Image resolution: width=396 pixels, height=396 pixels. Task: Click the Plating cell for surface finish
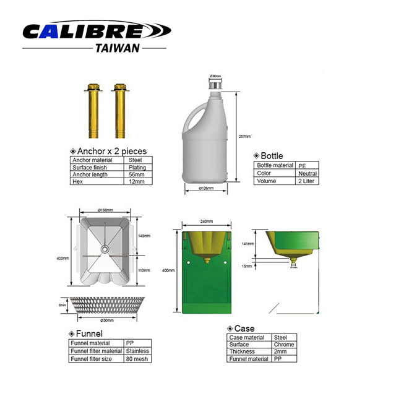tap(137, 167)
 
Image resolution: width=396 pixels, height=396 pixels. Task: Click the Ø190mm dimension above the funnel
tap(106, 210)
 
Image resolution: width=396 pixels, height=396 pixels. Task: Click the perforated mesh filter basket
tap(103, 305)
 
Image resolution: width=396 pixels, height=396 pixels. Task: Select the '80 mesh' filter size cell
tap(137, 358)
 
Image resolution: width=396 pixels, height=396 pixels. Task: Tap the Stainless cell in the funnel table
tap(137, 350)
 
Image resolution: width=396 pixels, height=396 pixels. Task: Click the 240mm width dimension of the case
tap(207, 222)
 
